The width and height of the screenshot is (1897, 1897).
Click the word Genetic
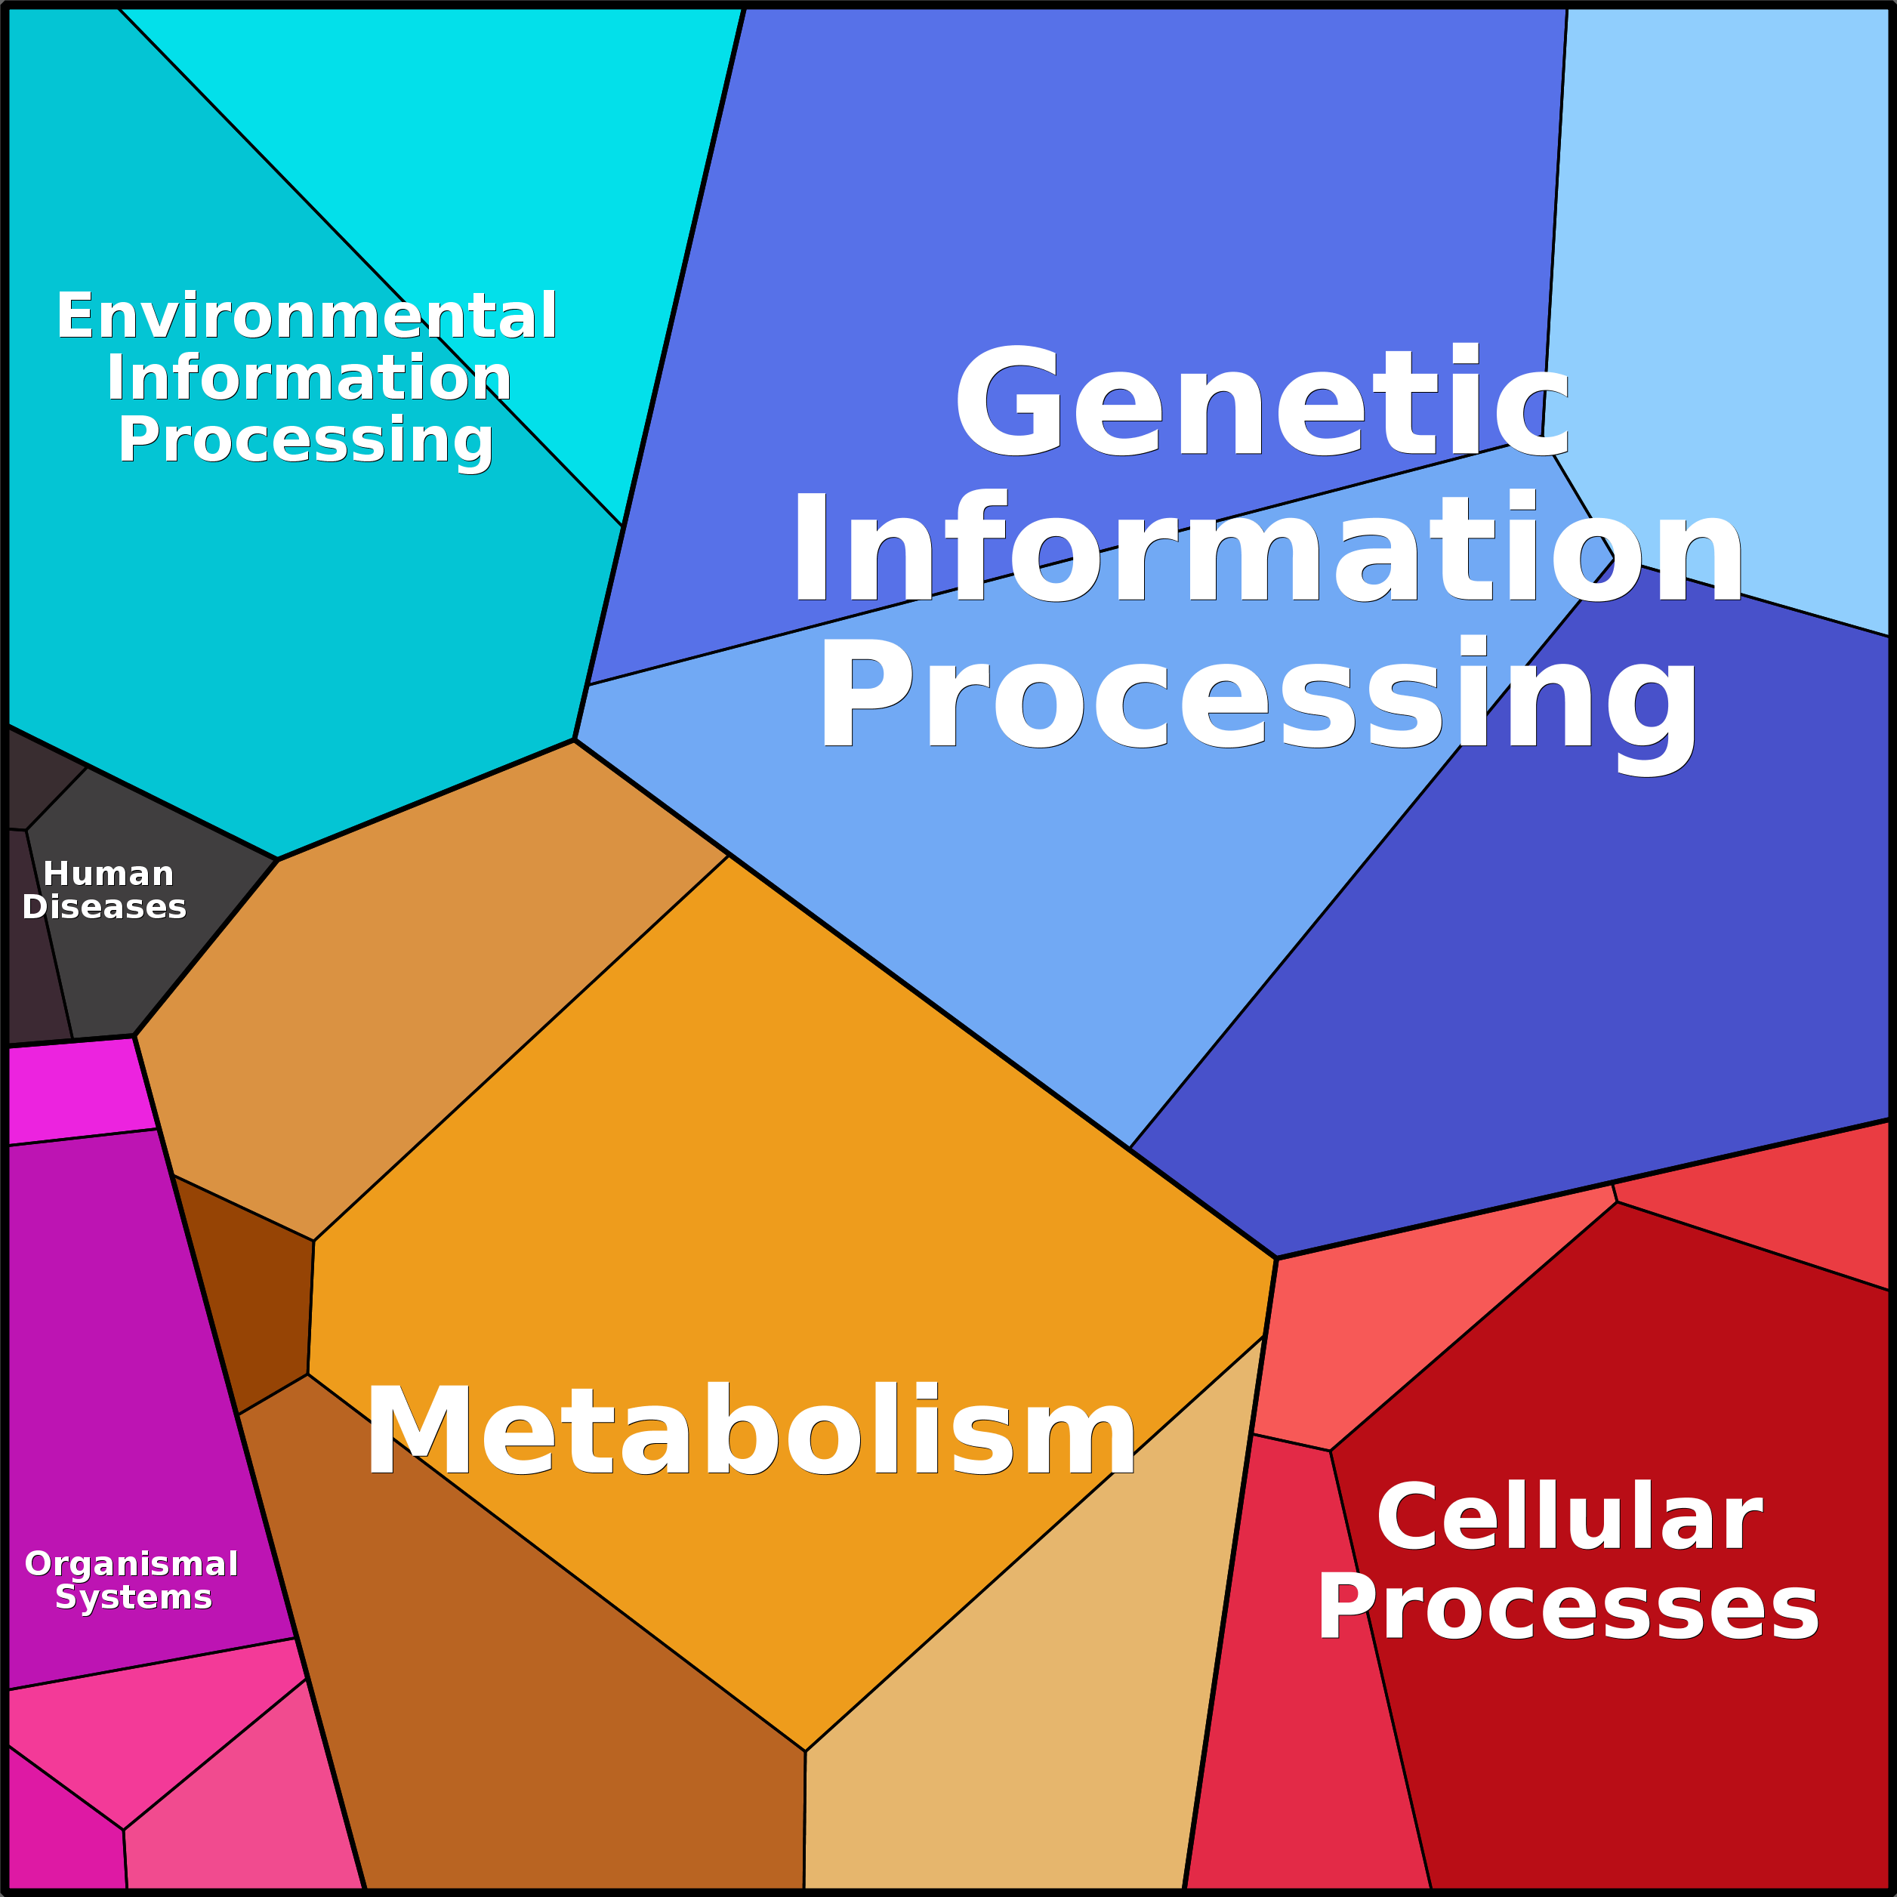point(1262,403)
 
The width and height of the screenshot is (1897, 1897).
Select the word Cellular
point(1569,1518)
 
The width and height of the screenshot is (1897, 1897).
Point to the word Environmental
point(307,316)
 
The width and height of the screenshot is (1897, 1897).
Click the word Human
point(108,874)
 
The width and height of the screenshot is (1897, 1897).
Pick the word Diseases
point(104,907)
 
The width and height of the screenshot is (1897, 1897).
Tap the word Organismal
point(131,1564)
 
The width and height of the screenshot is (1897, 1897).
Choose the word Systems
point(134,1597)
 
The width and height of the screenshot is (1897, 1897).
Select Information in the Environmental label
point(308,378)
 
